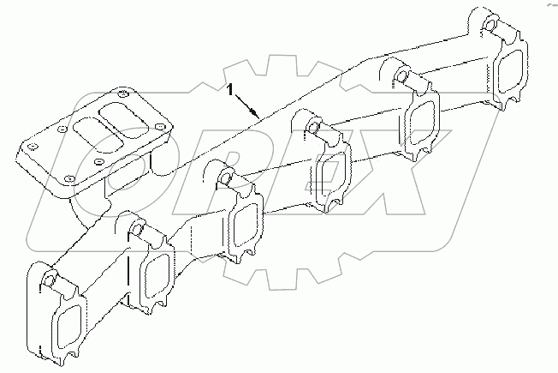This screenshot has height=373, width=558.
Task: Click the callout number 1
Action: pyautogui.click(x=229, y=87)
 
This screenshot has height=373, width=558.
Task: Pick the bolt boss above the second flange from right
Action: pyautogui.click(x=401, y=75)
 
